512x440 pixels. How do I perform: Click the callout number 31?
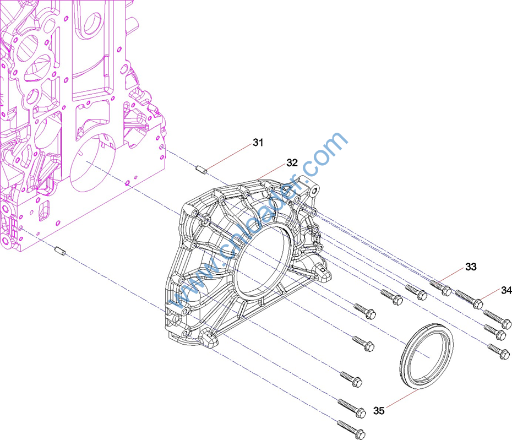click(258, 143)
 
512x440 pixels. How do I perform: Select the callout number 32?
click(292, 162)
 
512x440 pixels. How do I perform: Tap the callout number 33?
click(471, 267)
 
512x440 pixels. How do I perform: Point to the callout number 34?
click(506, 290)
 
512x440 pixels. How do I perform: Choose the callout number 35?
click(379, 411)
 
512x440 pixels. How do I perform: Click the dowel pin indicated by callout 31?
click(201, 170)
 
